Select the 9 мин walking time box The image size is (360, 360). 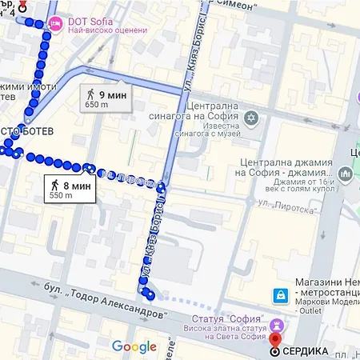106,98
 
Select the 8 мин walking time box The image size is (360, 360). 71,190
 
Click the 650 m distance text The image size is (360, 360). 97,105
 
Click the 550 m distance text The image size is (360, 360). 61,195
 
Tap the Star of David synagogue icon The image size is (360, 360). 251,118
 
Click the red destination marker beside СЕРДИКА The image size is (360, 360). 275,350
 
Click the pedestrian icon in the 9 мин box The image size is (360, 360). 91,94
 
